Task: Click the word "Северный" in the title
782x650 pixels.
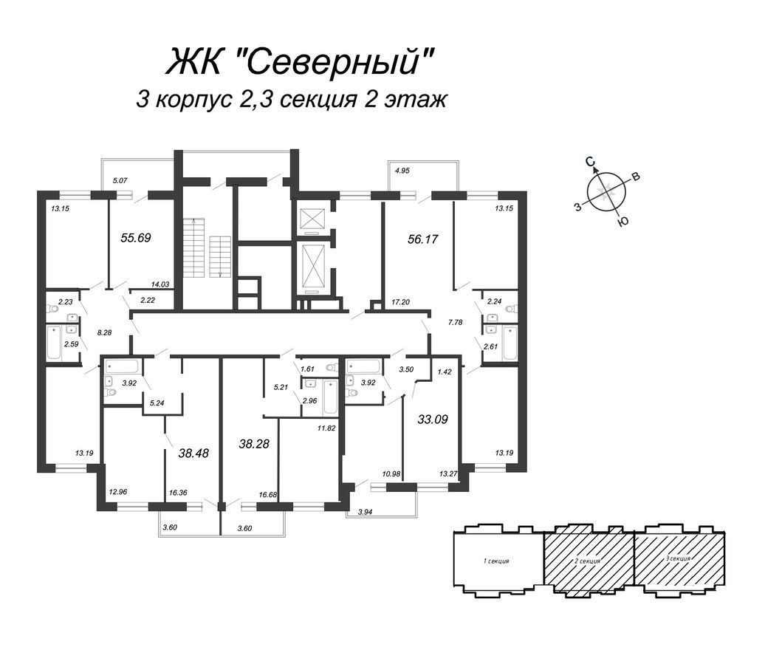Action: [336, 62]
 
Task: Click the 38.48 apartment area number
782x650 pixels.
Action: [193, 453]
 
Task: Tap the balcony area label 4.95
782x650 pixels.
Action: [402, 171]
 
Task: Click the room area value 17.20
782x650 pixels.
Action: [400, 301]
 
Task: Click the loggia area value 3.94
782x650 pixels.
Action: [366, 511]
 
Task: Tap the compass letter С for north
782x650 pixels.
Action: [590, 161]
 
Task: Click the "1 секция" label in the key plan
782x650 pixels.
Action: [496, 561]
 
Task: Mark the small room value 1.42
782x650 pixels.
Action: [445, 373]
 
